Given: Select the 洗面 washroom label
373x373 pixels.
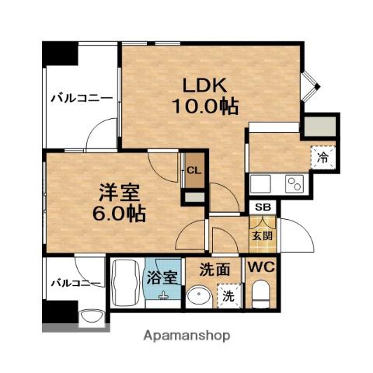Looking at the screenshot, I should click(x=213, y=271).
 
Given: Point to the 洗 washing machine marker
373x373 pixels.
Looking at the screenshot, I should click(x=228, y=295).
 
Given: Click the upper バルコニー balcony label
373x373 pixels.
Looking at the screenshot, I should click(x=82, y=98).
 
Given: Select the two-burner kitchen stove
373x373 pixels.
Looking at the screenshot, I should click(x=294, y=183).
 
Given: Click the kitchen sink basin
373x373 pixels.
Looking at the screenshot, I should click(x=260, y=183).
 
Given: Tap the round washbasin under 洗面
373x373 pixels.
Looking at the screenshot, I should click(x=199, y=296).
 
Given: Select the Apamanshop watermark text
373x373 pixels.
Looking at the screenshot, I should click(x=188, y=336).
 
